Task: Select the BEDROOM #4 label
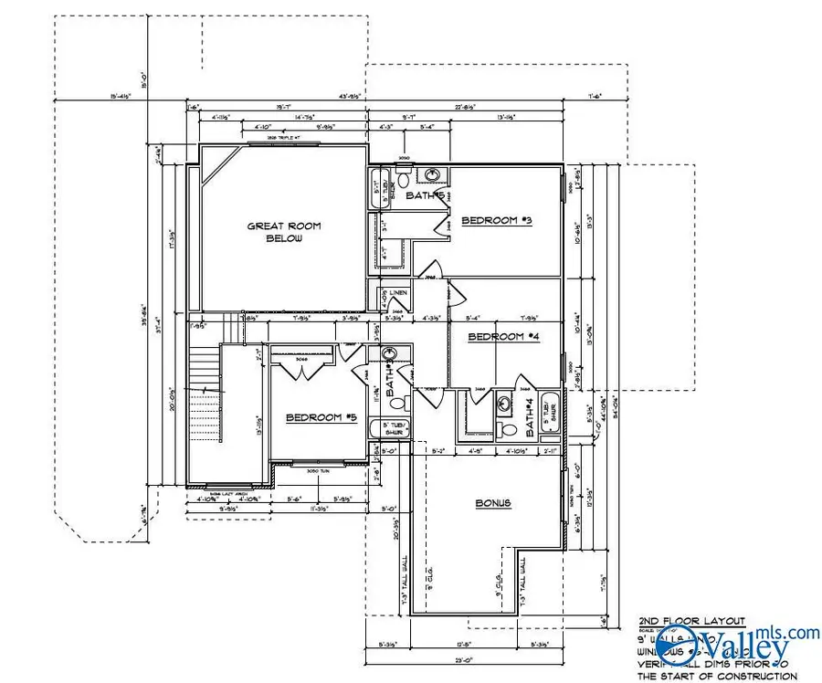coord(503,337)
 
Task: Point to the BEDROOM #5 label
coord(321,417)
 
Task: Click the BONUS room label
coord(492,503)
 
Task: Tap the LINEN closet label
coord(397,293)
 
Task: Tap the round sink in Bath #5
coord(434,175)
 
